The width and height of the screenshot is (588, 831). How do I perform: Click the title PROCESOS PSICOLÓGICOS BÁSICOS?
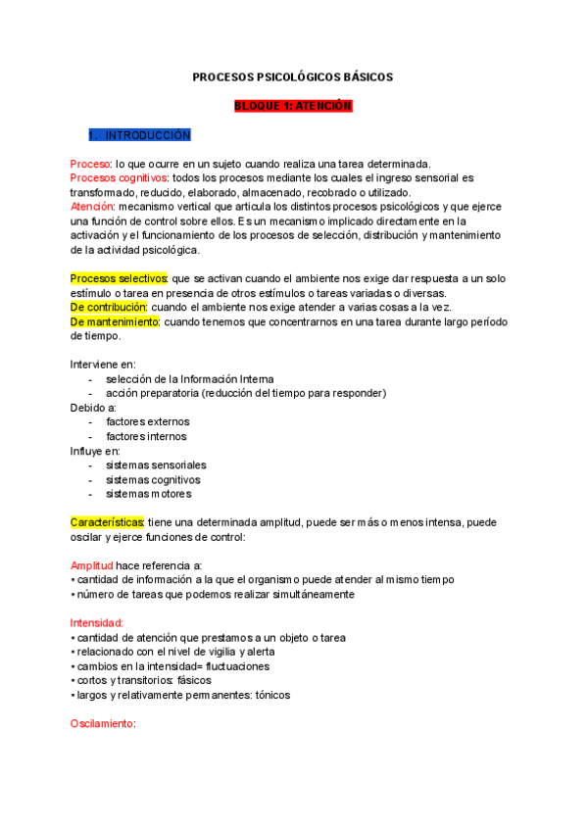293,76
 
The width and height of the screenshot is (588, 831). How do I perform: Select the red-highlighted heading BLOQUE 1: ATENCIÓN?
293,106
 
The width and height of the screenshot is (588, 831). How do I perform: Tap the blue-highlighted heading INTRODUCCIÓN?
147,134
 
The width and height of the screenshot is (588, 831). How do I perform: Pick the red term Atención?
93,207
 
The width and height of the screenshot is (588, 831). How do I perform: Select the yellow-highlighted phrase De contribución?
109,308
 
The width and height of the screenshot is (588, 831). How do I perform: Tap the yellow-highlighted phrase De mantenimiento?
115,321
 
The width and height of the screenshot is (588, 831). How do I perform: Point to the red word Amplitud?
91,565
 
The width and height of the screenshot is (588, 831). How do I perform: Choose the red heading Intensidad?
96,623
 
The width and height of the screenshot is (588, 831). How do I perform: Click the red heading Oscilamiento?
102,724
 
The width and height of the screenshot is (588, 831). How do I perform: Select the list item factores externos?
148,422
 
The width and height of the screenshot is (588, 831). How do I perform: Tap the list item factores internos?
146,437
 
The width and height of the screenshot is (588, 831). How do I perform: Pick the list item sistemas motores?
149,494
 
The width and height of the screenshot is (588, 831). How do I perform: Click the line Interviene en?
103,365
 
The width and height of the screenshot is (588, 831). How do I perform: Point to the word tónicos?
266,695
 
